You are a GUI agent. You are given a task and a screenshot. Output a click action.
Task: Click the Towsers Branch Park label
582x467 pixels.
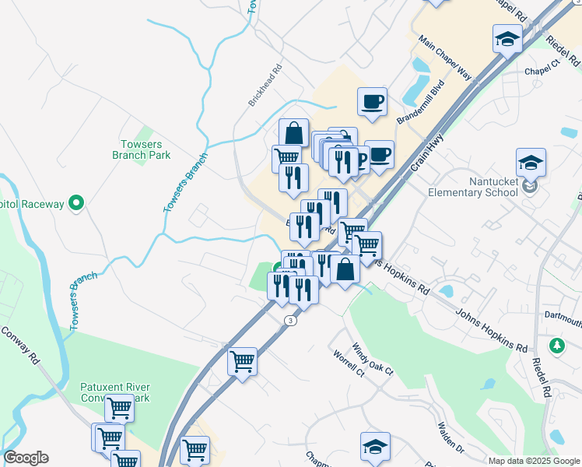142,149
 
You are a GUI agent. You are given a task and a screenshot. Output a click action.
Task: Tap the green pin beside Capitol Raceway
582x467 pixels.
75,204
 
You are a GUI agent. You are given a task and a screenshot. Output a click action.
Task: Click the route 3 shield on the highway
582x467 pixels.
290,321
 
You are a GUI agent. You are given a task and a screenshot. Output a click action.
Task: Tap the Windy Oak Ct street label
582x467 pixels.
373,359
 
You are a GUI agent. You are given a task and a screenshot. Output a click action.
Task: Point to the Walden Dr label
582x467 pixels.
450,440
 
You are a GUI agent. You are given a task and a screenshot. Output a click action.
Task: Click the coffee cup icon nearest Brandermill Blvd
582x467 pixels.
372,101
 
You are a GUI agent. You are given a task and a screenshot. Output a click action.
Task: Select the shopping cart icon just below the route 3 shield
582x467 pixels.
242,360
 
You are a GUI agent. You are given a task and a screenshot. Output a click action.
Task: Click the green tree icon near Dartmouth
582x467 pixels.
556,344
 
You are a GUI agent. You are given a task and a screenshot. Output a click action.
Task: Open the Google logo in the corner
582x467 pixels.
26,458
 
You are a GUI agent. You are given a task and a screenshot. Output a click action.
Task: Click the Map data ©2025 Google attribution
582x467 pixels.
534,461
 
